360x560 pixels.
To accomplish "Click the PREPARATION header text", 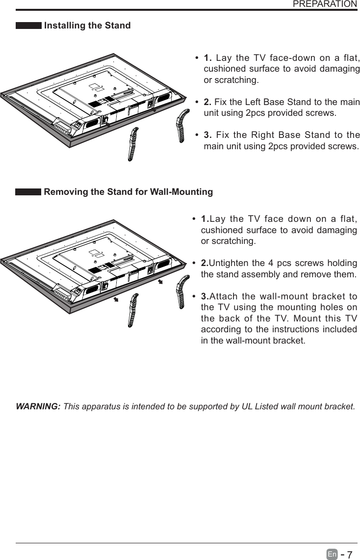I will click(x=325, y=4).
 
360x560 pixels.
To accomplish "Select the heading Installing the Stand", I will click(x=87, y=26).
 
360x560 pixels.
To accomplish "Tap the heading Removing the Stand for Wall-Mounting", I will click(x=128, y=192).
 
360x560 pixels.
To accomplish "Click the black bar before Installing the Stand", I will click(x=28, y=26).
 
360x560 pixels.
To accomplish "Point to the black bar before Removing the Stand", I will click(x=28, y=192).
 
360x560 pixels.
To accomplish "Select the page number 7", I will click(x=350, y=555).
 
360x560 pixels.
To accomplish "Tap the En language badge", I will click(x=332, y=555).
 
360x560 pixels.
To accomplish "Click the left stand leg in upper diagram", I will click(x=133, y=143).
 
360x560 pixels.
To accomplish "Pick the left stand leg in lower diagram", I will click(x=133, y=309).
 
